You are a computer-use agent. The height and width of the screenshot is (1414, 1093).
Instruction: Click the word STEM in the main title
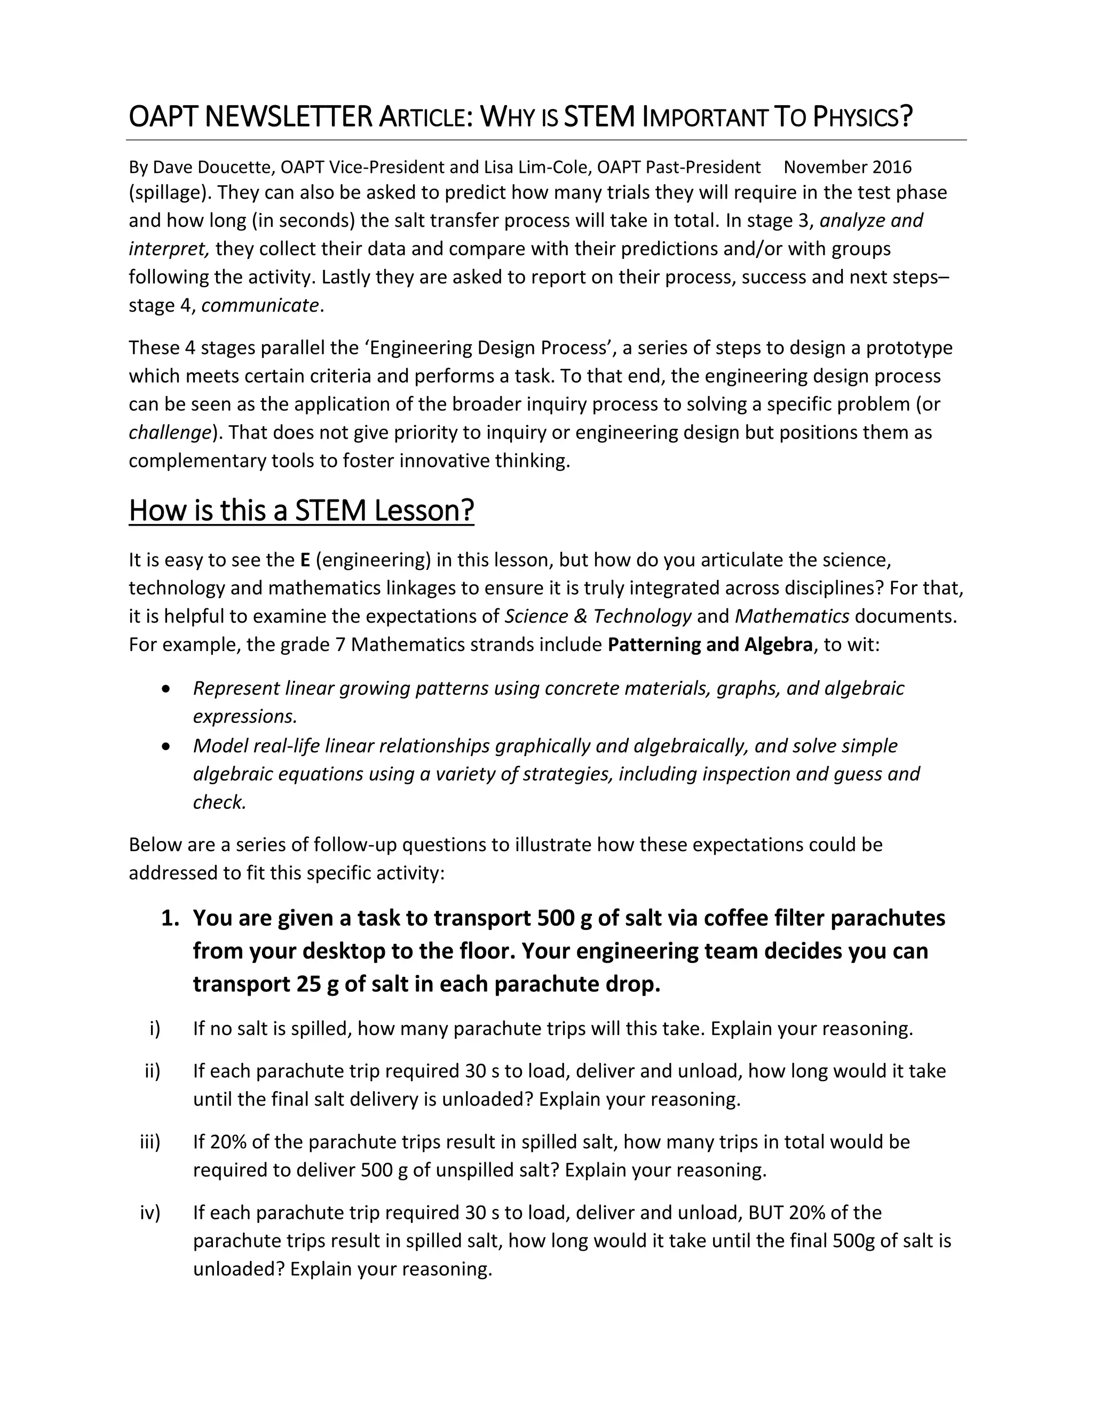click(x=599, y=117)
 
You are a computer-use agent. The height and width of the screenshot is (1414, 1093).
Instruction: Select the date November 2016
click(x=847, y=167)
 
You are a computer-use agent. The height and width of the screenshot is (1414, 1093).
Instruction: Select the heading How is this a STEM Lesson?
click(x=301, y=511)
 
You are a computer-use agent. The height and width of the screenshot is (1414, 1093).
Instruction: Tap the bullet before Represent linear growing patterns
click(x=167, y=689)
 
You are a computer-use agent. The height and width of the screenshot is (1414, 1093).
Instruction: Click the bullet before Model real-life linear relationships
click(x=167, y=746)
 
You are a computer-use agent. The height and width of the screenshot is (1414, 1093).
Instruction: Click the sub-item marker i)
click(x=154, y=1028)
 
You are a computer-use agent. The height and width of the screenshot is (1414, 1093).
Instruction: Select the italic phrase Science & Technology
click(x=598, y=616)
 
